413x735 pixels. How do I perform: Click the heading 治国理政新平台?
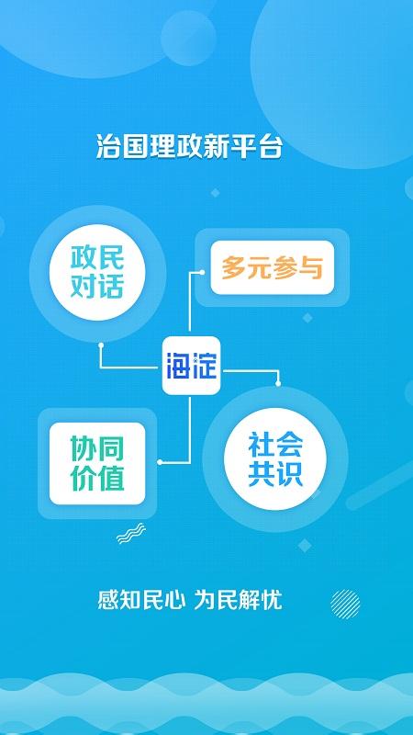(x=188, y=145)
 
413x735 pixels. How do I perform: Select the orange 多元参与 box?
(x=272, y=266)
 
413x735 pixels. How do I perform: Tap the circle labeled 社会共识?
(x=275, y=460)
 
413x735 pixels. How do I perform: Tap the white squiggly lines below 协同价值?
(x=130, y=534)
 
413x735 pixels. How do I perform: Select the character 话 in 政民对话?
(x=110, y=287)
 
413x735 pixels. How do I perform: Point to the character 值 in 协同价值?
(x=112, y=478)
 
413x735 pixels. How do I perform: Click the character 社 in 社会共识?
(x=262, y=445)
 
